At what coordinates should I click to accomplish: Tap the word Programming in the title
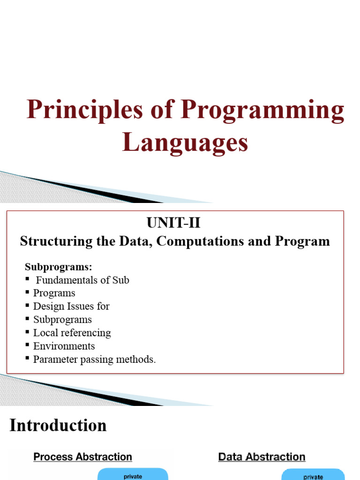pyautogui.click(x=263, y=111)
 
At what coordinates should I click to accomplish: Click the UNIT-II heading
pyautogui.click(x=173, y=223)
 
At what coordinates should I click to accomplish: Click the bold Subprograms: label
pyautogui.click(x=59, y=267)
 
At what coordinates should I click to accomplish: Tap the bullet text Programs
pyautogui.click(x=54, y=293)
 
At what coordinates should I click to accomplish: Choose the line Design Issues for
pyautogui.click(x=71, y=306)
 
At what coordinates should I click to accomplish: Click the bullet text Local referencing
pyautogui.click(x=72, y=333)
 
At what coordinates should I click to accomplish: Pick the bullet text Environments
pyautogui.click(x=64, y=346)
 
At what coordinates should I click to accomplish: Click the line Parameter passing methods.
pyautogui.click(x=94, y=360)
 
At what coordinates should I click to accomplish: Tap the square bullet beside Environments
pyautogui.click(x=28, y=346)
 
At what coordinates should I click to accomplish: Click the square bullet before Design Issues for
pyautogui.click(x=28, y=306)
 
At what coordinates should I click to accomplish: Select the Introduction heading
pyautogui.click(x=58, y=426)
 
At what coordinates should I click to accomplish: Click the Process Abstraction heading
pyautogui.click(x=82, y=457)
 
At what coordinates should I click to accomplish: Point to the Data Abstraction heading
pyautogui.click(x=262, y=457)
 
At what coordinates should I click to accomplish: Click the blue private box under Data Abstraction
pyautogui.click(x=313, y=474)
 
